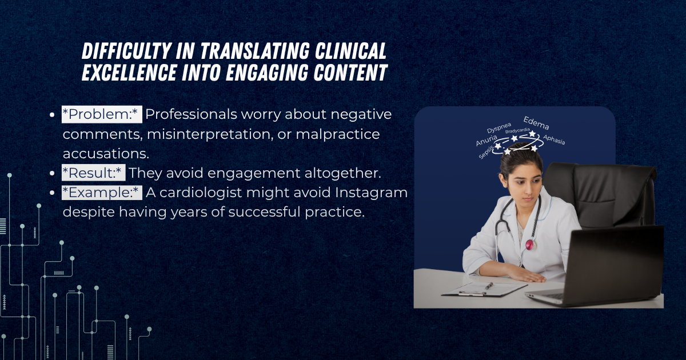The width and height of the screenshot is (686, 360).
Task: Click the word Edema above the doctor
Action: [x=536, y=123]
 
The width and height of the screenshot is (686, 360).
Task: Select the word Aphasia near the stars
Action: [x=554, y=139]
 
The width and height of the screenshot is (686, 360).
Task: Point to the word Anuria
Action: [x=486, y=140]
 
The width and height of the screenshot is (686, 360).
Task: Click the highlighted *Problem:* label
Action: [x=101, y=114]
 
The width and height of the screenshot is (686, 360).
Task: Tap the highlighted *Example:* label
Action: [x=102, y=193]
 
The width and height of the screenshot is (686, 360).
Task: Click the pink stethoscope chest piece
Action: [x=529, y=244]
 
